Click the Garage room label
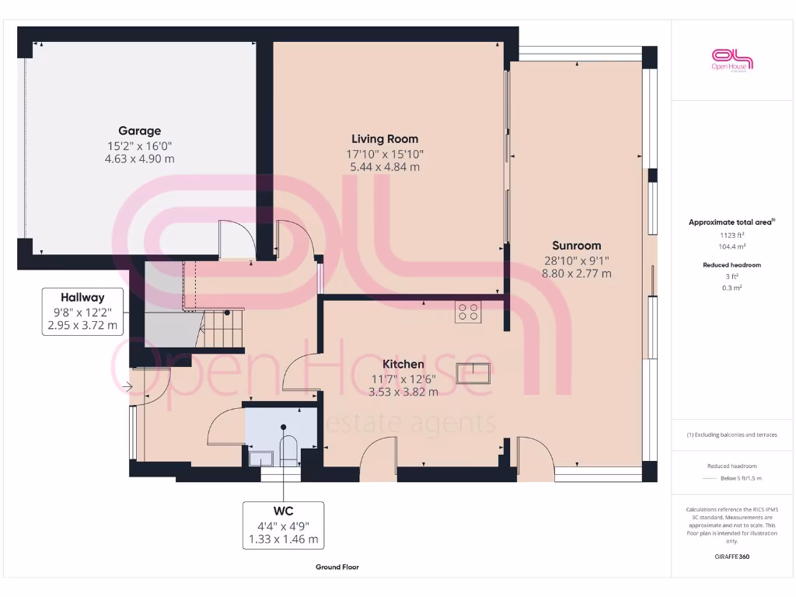[140, 131]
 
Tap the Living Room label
[385, 139]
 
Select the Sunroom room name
[576, 246]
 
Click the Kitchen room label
[403, 364]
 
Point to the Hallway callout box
[82, 311]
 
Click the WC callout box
[283, 525]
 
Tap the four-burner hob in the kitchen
[468, 312]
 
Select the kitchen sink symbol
[473, 374]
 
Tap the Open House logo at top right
[732, 60]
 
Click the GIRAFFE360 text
[731, 557]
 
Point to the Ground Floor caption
[337, 567]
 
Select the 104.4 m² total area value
[731, 246]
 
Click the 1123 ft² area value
[731, 235]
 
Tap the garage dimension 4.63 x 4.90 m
[140, 159]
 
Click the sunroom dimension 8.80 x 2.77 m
[576, 274]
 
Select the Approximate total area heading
[730, 222]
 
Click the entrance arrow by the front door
[127, 386]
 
